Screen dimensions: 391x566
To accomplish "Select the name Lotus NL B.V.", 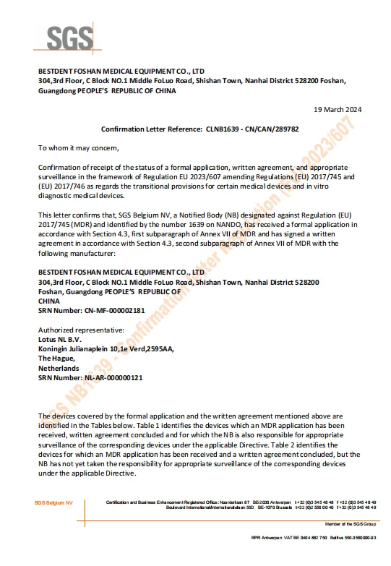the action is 61,337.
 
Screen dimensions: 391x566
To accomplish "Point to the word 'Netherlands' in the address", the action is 59,367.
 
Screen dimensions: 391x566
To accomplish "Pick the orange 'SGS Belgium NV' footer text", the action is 53,502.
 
